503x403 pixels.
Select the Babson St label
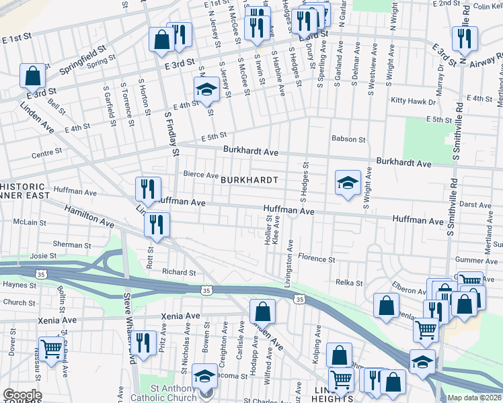(x=348, y=140)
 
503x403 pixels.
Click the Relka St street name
(x=349, y=283)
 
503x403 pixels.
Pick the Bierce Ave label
(x=201, y=175)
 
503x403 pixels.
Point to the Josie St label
(x=43, y=256)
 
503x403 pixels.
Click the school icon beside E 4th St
(x=206, y=89)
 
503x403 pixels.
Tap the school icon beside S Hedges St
(x=348, y=182)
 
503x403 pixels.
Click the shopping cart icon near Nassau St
(x=52, y=348)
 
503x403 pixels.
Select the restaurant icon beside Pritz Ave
(x=144, y=343)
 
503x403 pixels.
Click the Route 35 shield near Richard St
(x=206, y=288)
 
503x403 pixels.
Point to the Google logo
(x=22, y=395)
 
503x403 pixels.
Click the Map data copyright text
(x=474, y=398)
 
